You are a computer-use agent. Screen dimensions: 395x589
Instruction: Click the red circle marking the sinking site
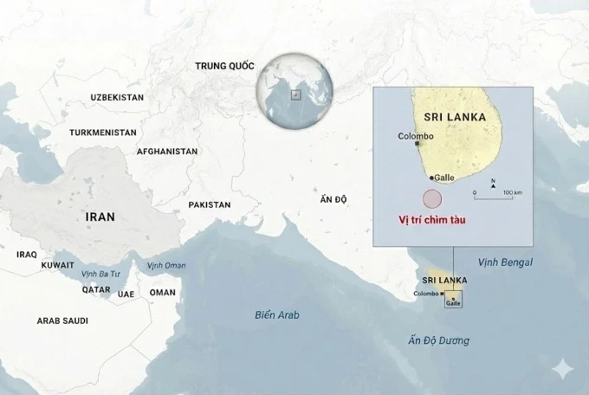click(x=430, y=197)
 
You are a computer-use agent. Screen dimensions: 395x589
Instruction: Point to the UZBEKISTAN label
click(x=117, y=97)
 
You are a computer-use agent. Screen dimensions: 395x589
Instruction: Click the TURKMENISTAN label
click(x=103, y=133)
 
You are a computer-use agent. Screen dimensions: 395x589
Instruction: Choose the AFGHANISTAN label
click(x=167, y=151)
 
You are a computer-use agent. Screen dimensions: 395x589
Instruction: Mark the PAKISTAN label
click(x=210, y=205)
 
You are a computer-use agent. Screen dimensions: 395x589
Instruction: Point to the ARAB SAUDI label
click(x=62, y=321)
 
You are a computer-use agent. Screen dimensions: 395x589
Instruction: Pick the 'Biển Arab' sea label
click(x=276, y=314)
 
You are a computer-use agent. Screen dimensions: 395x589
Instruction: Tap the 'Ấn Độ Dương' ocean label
click(x=439, y=340)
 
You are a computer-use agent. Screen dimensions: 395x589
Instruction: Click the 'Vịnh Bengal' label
click(x=508, y=262)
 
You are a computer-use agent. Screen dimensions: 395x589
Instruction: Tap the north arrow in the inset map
click(x=493, y=182)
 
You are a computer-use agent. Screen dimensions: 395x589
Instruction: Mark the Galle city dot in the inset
click(x=430, y=177)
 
